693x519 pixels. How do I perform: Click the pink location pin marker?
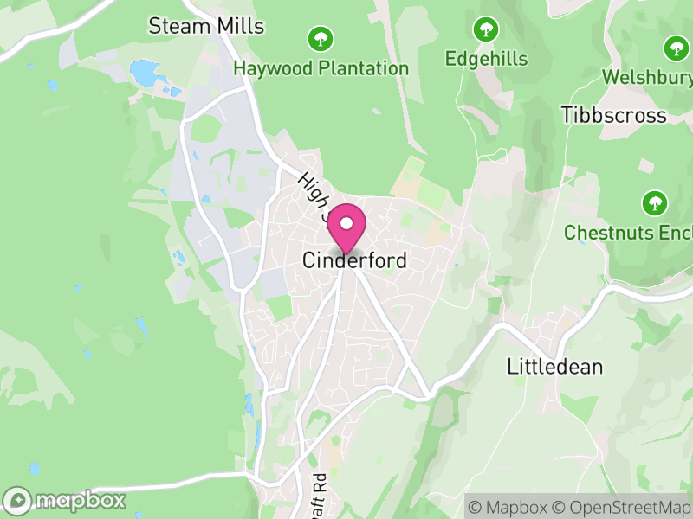346,225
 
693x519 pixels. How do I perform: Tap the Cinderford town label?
354,260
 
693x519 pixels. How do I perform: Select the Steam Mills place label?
206,26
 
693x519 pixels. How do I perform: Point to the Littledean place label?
554,367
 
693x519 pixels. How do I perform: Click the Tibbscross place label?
613,115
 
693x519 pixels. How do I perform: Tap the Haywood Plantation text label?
321,68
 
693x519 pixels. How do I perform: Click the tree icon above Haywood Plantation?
321,38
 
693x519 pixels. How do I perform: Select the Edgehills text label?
485,59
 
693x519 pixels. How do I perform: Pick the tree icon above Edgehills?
485,29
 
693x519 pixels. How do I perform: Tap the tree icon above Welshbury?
676,48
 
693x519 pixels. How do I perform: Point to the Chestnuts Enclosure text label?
628,233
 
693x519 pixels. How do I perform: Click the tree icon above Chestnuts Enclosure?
654,204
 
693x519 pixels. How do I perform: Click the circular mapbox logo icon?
18,501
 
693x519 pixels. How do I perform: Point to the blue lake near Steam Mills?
147,73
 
